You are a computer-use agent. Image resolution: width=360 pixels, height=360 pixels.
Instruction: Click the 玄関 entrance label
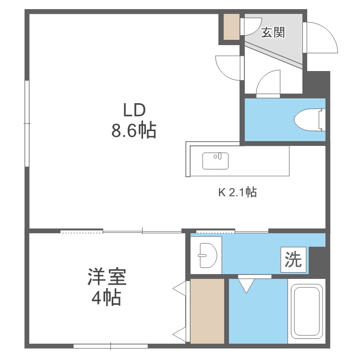(273, 32)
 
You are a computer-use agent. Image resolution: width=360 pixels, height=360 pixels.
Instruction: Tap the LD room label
(134, 110)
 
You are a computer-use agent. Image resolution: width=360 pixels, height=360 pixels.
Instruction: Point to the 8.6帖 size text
(134, 130)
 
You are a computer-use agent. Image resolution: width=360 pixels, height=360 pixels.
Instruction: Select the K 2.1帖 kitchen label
(238, 193)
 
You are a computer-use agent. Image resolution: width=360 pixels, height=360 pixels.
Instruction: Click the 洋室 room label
(106, 278)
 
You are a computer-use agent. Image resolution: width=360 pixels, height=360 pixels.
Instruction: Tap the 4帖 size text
(107, 299)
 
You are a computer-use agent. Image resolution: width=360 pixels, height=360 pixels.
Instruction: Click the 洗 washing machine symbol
(293, 260)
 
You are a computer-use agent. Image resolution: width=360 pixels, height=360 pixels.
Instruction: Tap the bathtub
(307, 312)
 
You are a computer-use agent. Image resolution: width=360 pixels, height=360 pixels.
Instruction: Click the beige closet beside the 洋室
(207, 311)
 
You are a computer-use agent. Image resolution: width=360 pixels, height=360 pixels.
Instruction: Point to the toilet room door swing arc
(269, 83)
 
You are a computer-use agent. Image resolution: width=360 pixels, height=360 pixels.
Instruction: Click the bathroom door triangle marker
(247, 285)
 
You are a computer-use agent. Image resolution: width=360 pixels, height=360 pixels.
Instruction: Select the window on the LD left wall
(27, 124)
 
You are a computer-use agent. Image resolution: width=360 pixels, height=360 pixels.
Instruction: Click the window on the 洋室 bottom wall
(110, 346)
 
